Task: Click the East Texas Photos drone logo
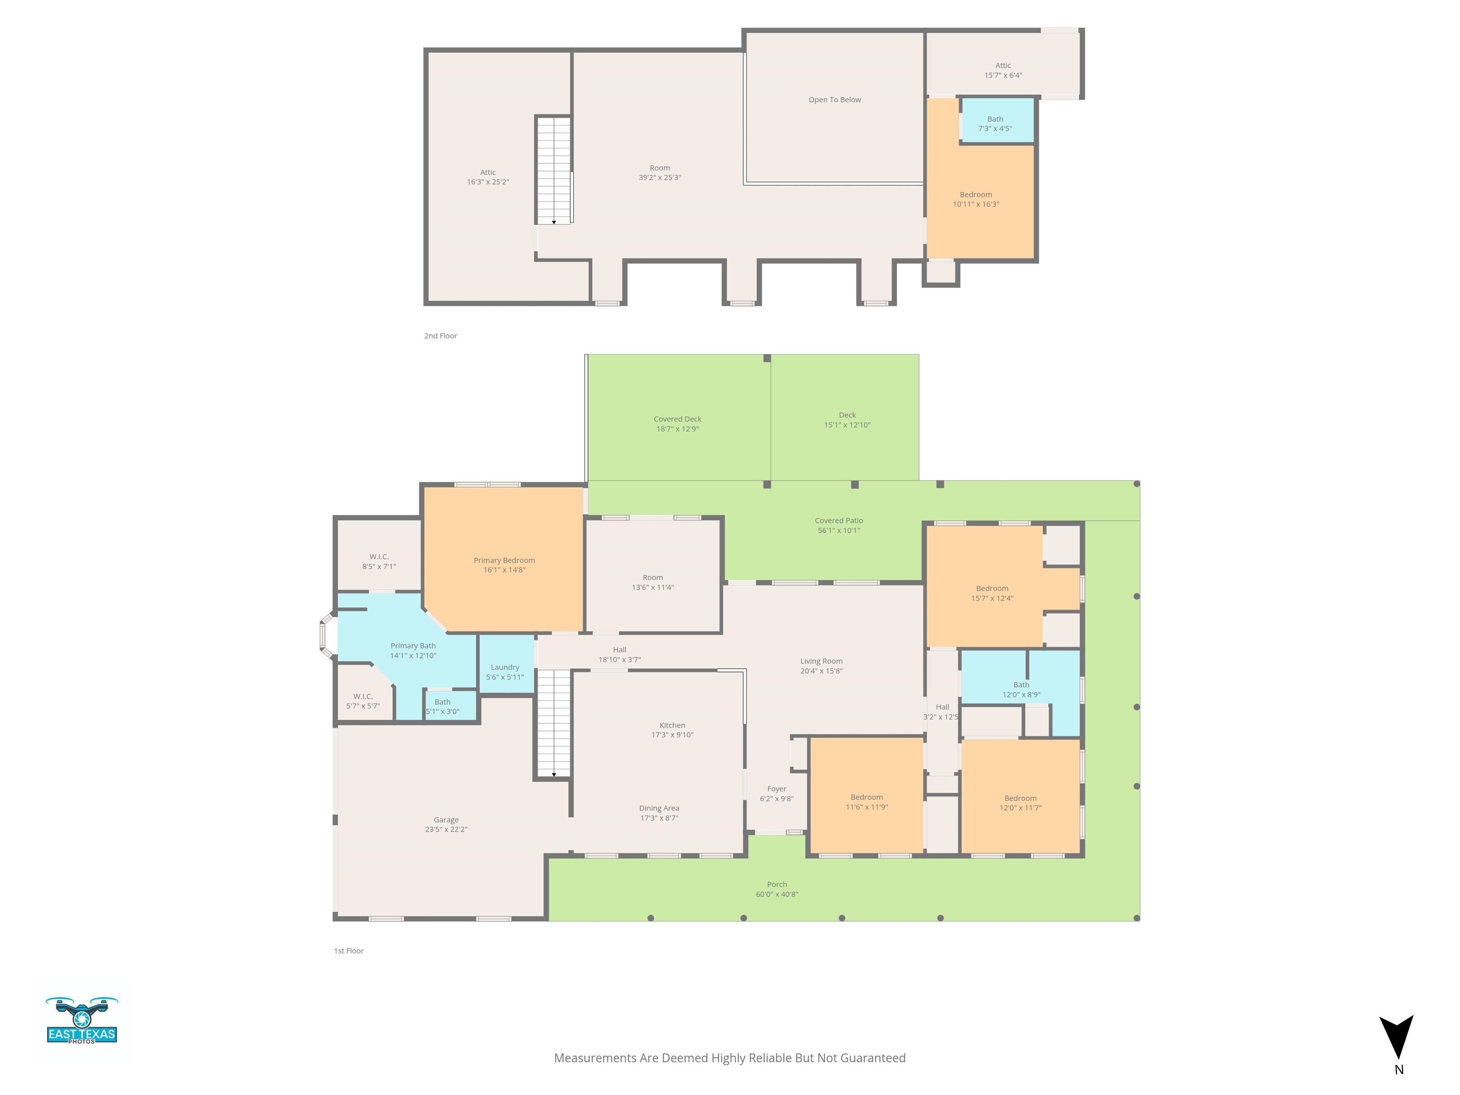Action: point(82,1020)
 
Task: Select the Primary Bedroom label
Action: point(504,560)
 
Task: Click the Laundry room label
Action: point(505,667)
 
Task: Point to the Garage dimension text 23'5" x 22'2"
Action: point(446,830)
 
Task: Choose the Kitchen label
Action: point(672,725)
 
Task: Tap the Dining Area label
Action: point(659,808)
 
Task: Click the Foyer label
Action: point(777,789)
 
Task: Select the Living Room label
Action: point(822,662)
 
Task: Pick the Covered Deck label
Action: point(678,419)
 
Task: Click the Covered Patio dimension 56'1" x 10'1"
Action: point(839,531)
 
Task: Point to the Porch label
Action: point(777,884)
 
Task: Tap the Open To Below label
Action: point(835,100)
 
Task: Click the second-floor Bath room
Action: point(997,120)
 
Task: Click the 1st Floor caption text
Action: point(348,951)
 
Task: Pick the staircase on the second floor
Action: point(553,170)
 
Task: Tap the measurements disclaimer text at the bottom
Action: point(730,1058)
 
